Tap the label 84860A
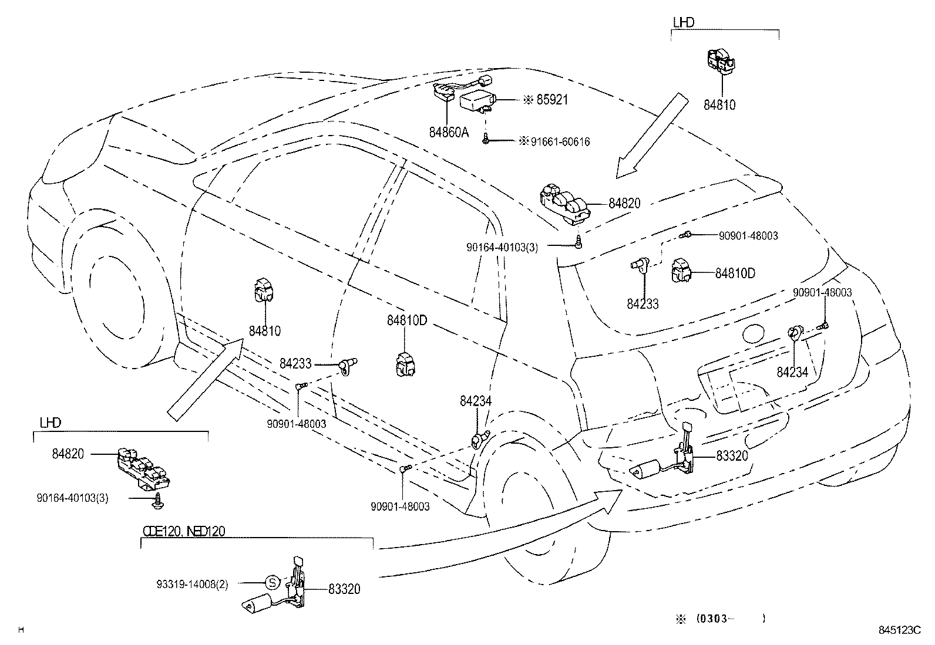[x=449, y=133]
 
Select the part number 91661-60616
[x=560, y=142]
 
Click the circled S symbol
[x=272, y=583]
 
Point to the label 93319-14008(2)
[x=192, y=584]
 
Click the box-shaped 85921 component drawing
[x=477, y=103]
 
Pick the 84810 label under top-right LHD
[x=719, y=106]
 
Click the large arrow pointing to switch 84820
[x=652, y=135]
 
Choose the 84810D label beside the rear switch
[x=735, y=273]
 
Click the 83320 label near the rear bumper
[x=732, y=455]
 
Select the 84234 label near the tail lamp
[x=792, y=372]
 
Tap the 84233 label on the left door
[x=295, y=364]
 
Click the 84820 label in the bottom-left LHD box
[x=68, y=454]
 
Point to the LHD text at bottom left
[x=50, y=422]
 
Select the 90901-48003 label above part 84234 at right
[x=822, y=292]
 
